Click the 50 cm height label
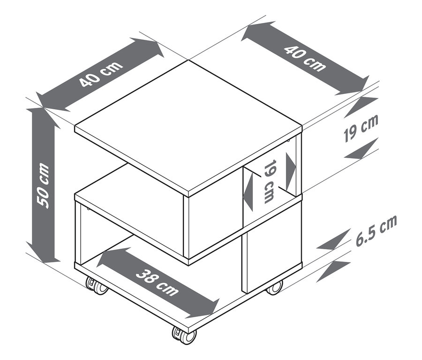coord(43,185)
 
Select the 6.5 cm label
coord(376,230)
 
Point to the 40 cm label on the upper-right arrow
coord(305,58)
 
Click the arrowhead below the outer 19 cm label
coord(361,149)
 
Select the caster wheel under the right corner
coord(275,287)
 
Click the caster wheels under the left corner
coord(96,286)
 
